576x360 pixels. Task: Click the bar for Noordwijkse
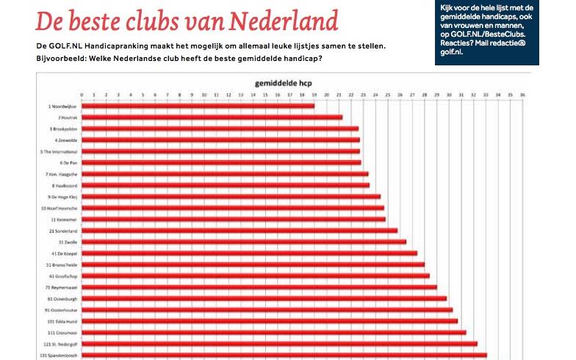click(x=198, y=106)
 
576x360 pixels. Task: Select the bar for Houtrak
click(x=212, y=118)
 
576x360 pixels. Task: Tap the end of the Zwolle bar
click(x=405, y=242)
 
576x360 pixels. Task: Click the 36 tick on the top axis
click(x=521, y=95)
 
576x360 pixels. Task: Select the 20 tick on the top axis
click(x=326, y=95)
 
